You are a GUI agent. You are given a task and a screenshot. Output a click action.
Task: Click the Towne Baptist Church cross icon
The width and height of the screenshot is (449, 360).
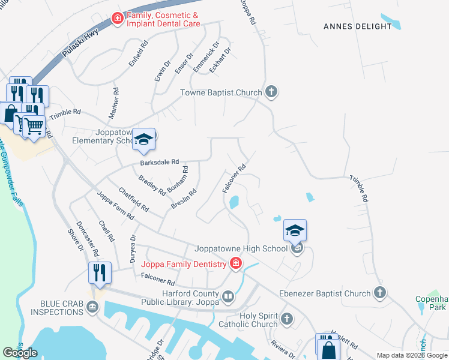(271, 92)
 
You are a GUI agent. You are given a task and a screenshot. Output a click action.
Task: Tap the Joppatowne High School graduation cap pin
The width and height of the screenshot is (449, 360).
(295, 230)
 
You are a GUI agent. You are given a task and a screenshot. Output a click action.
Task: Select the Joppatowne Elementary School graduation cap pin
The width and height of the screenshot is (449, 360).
(143, 139)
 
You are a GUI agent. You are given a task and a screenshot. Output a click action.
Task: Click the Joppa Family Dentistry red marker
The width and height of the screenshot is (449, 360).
(236, 263)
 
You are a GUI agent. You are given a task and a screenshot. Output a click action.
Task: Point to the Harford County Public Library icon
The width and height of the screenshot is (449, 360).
(228, 296)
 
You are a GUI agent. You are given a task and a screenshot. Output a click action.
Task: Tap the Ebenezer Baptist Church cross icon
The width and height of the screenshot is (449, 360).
(379, 293)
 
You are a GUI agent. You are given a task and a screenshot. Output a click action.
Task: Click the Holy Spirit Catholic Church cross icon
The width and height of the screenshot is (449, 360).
(287, 319)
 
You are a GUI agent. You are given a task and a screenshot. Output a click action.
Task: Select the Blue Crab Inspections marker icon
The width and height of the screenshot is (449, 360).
(92, 308)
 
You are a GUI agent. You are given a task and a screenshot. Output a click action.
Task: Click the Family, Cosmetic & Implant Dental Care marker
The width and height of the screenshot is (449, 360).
(118, 19)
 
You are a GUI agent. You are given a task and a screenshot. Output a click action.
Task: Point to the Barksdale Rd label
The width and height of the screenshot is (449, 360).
(160, 162)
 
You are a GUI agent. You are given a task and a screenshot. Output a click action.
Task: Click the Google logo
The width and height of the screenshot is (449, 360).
(20, 353)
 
